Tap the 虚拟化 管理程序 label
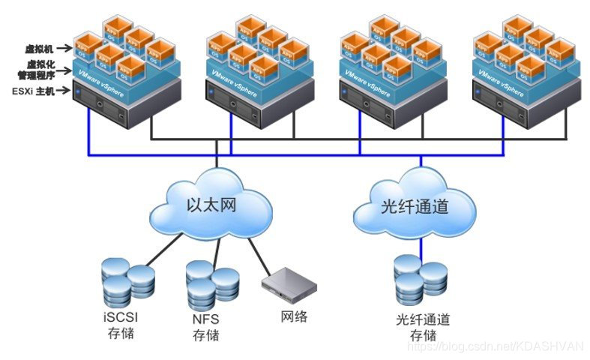41,70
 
